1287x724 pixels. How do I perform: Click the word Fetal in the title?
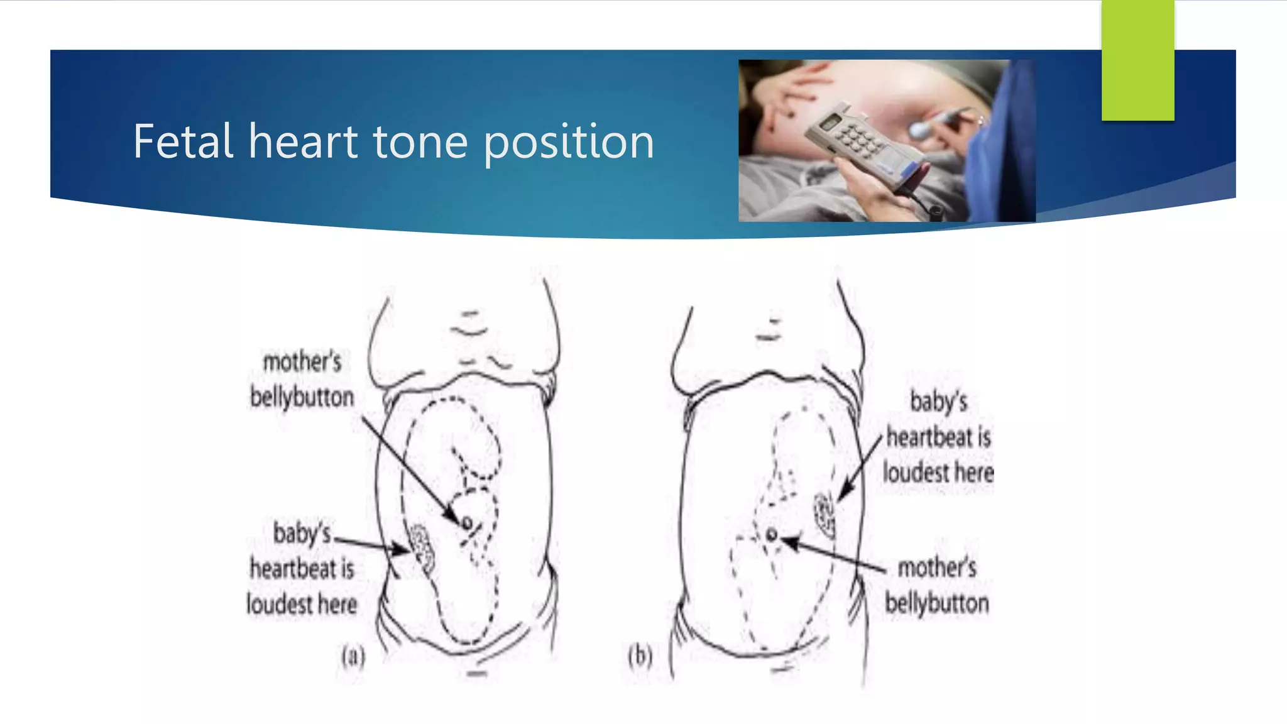[183, 141]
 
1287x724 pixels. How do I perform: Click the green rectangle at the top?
[1137, 60]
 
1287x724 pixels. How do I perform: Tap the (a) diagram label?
[353, 657]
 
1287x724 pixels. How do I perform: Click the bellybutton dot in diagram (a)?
[467, 523]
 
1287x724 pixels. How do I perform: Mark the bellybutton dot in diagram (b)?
[772, 535]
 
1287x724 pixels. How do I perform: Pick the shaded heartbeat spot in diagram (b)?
[824, 512]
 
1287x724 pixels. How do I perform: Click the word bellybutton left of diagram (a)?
[302, 398]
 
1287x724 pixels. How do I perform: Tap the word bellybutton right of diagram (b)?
[937, 603]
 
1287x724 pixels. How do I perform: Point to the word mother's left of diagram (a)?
[302, 362]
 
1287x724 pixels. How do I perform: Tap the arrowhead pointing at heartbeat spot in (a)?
[402, 551]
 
